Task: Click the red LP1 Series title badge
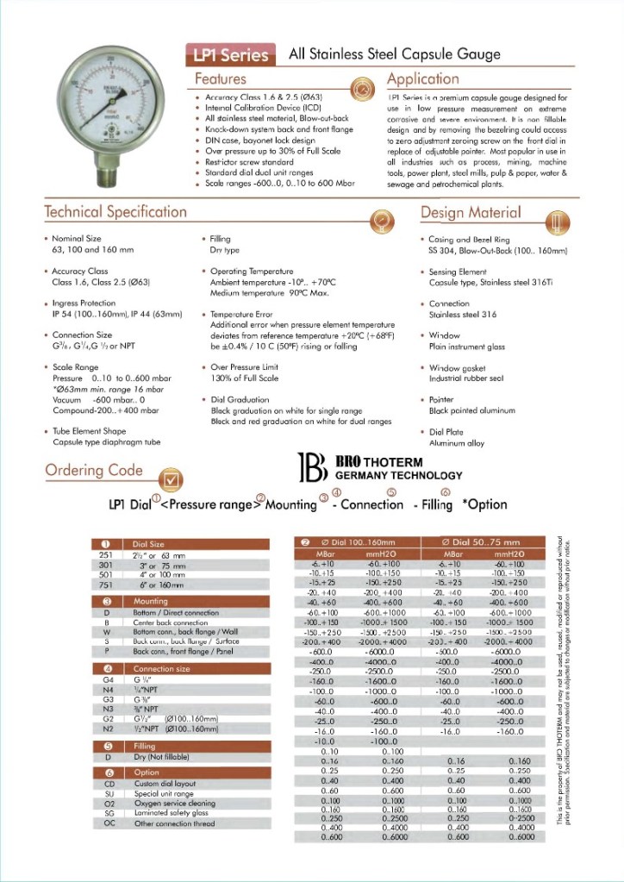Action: point(228,55)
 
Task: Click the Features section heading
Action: point(221,79)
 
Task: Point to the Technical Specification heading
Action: point(115,212)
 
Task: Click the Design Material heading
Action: point(471,212)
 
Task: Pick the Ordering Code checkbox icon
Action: point(172,477)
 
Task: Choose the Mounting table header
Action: point(151,601)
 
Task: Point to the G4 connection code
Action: point(108,680)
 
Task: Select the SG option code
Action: point(108,812)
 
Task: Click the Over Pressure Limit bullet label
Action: point(244,367)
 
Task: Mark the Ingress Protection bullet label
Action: point(84,303)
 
